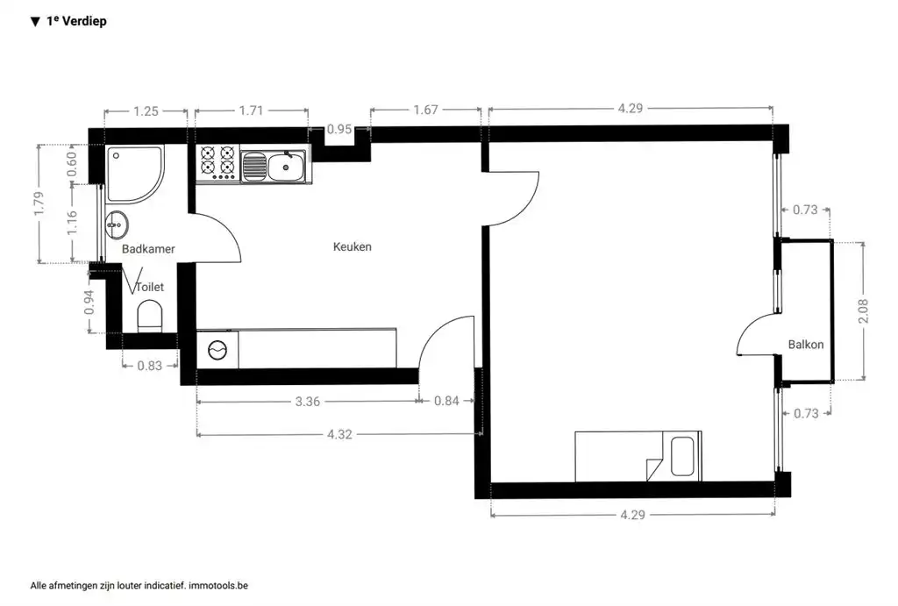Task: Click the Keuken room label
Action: pos(352,246)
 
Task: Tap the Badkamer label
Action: pos(148,249)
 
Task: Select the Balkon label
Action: pos(805,345)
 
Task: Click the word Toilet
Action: pos(150,286)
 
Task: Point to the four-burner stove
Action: pos(217,163)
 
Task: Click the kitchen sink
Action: pos(285,165)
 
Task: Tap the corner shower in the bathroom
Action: pos(132,170)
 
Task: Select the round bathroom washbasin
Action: pos(116,225)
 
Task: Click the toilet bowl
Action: pos(150,316)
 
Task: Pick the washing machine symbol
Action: pos(217,350)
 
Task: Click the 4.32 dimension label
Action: pos(340,433)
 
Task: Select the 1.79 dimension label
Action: pos(39,203)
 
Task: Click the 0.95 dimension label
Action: pos(339,130)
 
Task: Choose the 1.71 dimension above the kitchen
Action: pos(251,111)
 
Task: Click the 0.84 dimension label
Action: pos(446,402)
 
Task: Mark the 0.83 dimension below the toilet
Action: pos(149,366)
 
